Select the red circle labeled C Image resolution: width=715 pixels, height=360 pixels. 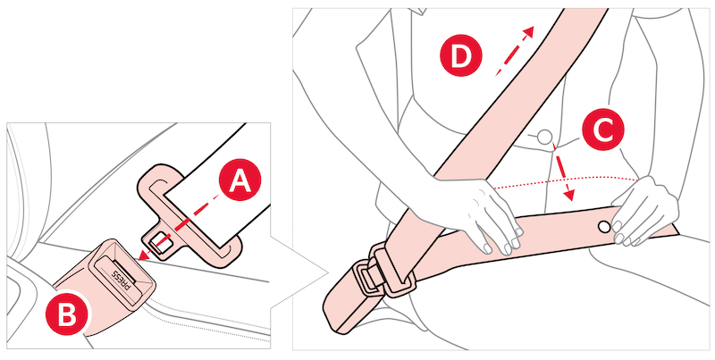tap(602, 130)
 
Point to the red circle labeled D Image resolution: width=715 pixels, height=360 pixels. tap(461, 55)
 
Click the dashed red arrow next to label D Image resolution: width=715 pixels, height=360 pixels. tap(515, 50)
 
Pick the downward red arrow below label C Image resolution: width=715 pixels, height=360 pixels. tap(561, 172)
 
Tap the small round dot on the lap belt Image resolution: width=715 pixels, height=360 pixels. tap(603, 226)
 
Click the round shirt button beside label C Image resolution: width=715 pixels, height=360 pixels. tap(543, 137)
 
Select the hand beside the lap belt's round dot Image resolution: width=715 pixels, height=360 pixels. tap(643, 211)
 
